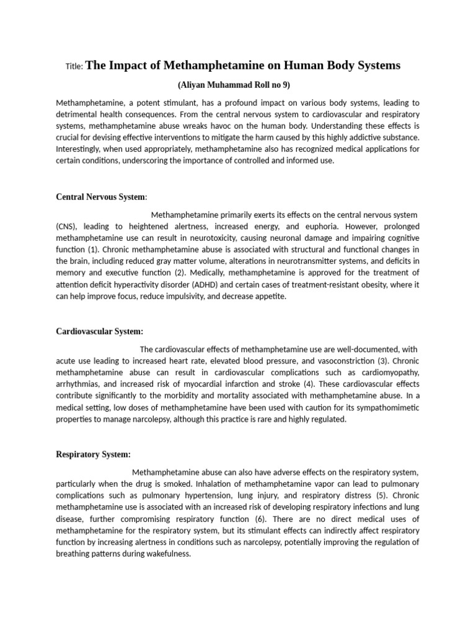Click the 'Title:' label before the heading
(x=74, y=66)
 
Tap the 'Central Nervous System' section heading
(x=100, y=197)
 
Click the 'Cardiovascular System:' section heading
(x=100, y=331)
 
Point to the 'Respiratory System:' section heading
(x=93, y=454)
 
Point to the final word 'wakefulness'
(x=166, y=554)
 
